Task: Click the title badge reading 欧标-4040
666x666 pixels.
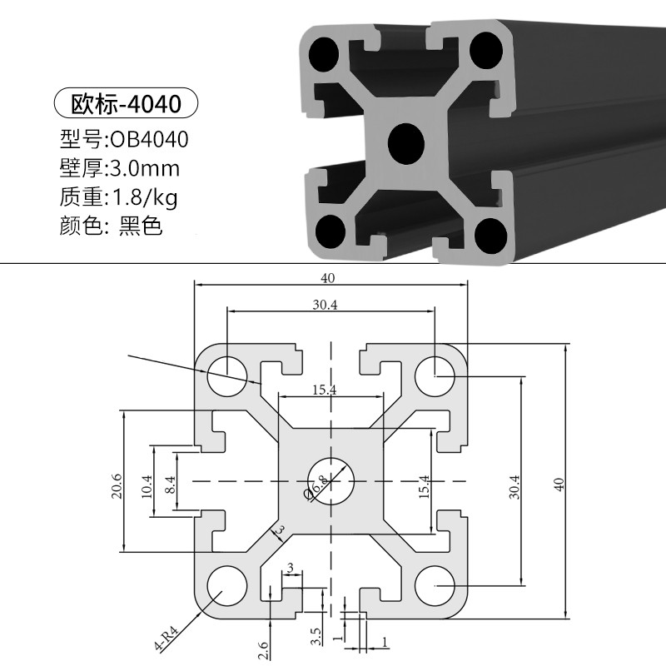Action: [x=125, y=105]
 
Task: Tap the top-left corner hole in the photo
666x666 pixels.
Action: [x=325, y=57]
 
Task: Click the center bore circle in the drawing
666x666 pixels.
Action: [x=331, y=480]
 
